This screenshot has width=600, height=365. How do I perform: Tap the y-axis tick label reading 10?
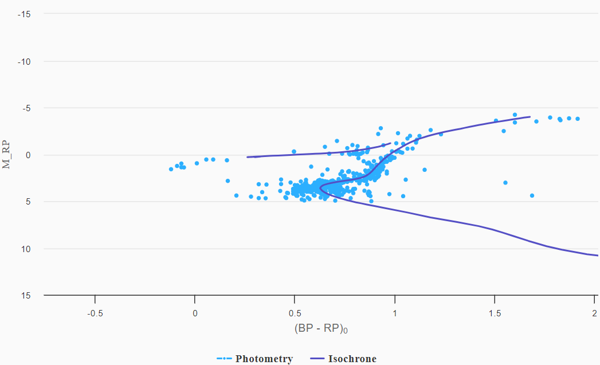[x=26, y=249]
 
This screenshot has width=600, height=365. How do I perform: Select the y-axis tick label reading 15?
[x=26, y=295]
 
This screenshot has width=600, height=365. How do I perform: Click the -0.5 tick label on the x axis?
[x=95, y=313]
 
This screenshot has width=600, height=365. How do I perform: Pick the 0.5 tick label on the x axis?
[x=295, y=313]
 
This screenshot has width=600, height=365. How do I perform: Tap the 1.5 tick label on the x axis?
[x=495, y=313]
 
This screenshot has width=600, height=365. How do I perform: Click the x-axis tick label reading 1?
[x=395, y=313]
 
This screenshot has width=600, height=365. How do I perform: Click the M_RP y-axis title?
[x=6, y=155]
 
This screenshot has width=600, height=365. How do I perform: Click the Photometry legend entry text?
[x=264, y=359]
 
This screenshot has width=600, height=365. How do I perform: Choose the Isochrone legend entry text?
[x=352, y=359]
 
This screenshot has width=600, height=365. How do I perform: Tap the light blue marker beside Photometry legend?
[x=223, y=359]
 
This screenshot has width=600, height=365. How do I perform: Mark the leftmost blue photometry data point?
[x=171, y=169]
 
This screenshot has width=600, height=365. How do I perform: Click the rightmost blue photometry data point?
[x=578, y=119]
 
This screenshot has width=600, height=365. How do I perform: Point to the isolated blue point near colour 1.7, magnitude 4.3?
[x=532, y=195]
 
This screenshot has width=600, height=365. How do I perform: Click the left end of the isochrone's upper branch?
[x=248, y=157]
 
